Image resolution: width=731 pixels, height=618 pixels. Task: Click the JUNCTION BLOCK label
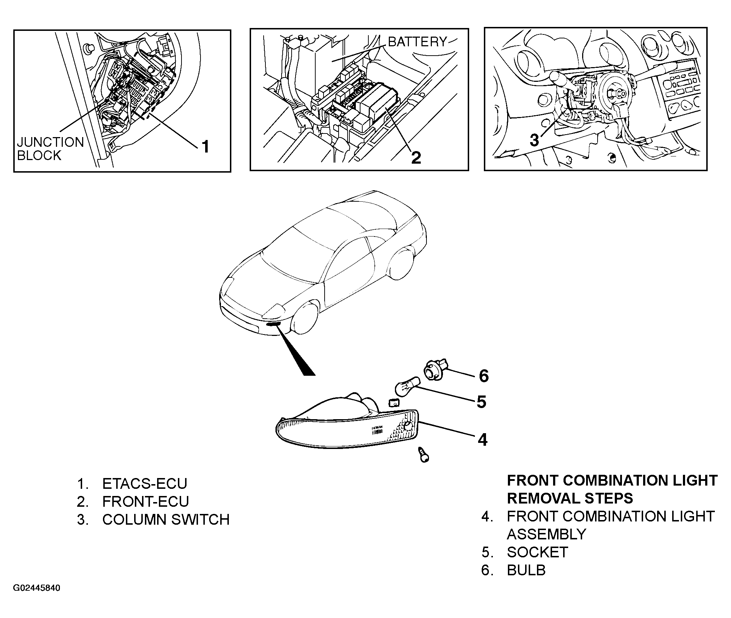coord(50,149)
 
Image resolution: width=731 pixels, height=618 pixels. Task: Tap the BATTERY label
coord(418,42)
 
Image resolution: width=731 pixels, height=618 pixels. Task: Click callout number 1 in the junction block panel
coord(205,147)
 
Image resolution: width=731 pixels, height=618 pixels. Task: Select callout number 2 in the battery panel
coord(416,157)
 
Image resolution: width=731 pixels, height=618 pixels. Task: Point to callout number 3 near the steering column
coord(534,140)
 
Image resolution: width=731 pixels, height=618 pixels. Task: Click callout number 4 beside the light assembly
coord(482,440)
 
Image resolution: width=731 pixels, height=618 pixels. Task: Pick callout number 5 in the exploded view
coord(481,402)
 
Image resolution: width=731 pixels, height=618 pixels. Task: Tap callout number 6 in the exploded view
coord(484,376)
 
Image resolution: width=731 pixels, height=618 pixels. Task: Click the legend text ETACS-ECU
coord(145,483)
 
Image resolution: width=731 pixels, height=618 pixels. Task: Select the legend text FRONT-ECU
coord(145,501)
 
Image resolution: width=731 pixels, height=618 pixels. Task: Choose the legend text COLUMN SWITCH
coord(166,520)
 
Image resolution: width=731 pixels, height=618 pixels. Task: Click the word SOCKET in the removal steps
coord(537,552)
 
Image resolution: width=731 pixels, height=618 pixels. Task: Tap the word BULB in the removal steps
coord(526,570)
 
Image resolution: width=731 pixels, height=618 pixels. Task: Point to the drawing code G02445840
coord(37,588)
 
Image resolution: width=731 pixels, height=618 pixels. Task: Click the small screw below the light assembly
coord(424,455)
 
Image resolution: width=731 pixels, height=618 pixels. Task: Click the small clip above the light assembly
coord(394,402)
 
